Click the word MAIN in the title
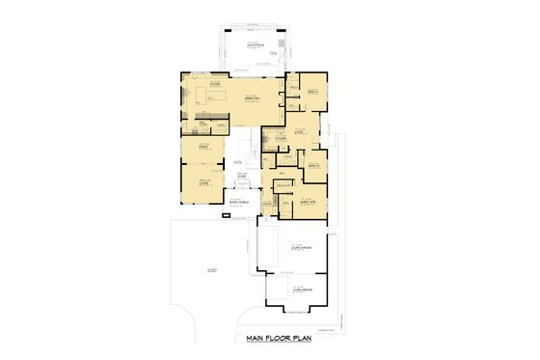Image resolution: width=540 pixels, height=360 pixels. [256, 339]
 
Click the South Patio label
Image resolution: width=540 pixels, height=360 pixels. [256, 45]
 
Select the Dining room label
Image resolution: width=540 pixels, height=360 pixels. [203, 145]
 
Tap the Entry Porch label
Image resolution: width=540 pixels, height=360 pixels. [239, 202]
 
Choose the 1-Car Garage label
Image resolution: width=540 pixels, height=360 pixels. [300, 287]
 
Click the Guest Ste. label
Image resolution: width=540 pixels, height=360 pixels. [310, 202]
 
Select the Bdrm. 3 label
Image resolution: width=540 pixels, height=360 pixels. [312, 165]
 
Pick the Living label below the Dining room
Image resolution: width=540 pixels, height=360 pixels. [203, 181]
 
